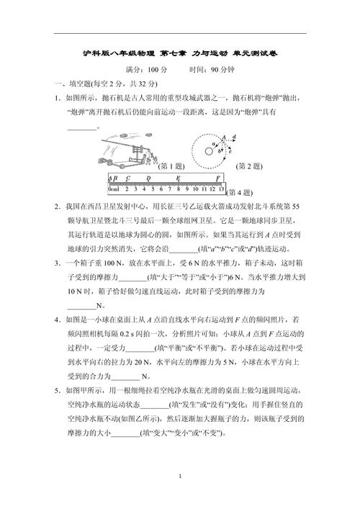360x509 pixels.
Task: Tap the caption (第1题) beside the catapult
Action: point(172,165)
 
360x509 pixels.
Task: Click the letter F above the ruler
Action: point(217,177)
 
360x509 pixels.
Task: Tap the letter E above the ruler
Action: point(177,177)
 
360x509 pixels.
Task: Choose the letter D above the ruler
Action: point(148,177)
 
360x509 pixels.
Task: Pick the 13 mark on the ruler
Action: point(221,189)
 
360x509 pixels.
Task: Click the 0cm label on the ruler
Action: point(114,189)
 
